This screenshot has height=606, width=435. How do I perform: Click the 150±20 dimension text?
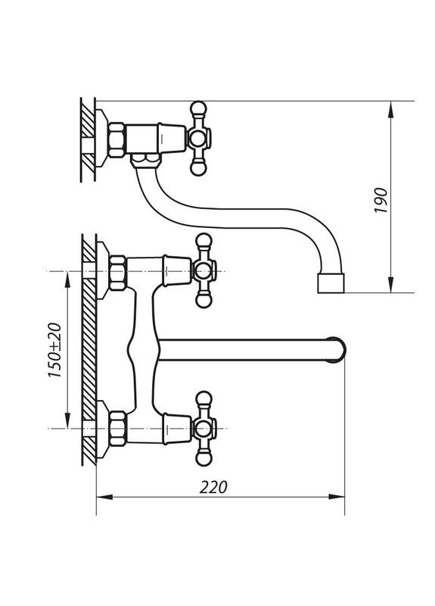(54, 351)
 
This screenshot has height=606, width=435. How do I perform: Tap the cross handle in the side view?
(200, 139)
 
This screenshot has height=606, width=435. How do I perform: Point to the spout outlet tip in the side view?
(330, 285)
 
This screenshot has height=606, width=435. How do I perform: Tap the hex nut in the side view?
(117, 140)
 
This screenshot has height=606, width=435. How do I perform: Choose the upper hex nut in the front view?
(117, 273)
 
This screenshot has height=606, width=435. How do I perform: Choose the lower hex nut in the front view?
(117, 430)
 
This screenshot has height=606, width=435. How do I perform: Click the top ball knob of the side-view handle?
(200, 108)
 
